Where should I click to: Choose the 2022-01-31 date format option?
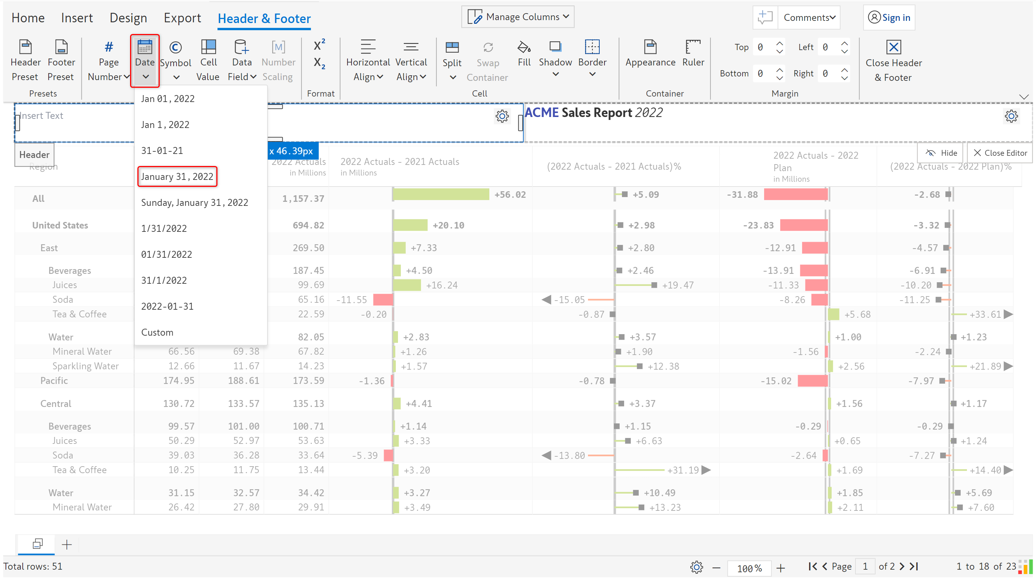click(167, 307)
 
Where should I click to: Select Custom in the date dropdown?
click(157, 332)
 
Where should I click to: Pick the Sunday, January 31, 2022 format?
click(195, 203)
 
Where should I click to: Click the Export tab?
click(182, 18)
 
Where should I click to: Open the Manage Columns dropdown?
click(518, 17)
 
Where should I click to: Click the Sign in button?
click(889, 18)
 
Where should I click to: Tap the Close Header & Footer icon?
click(893, 47)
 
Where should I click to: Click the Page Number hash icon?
click(109, 47)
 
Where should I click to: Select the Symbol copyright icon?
click(175, 47)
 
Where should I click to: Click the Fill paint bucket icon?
click(524, 47)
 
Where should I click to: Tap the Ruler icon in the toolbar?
click(693, 47)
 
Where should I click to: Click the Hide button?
click(941, 153)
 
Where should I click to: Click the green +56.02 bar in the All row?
click(441, 195)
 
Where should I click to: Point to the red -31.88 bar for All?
click(796, 195)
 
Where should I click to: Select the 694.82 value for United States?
click(308, 225)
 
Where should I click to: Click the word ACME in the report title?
click(542, 113)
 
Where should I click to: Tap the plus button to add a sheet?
click(67, 545)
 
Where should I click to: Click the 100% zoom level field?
click(749, 568)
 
